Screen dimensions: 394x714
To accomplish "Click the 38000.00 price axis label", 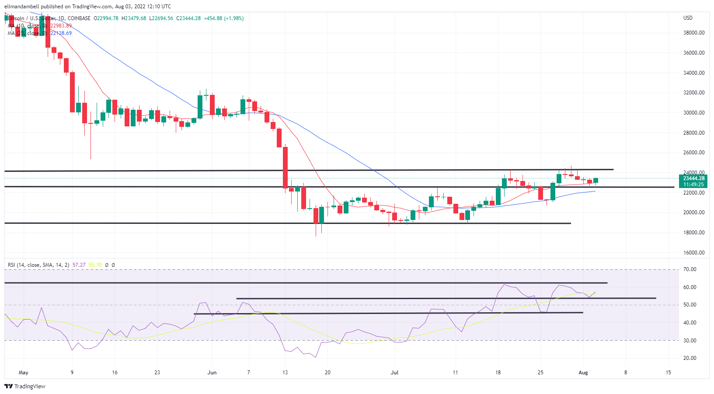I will pos(694,33).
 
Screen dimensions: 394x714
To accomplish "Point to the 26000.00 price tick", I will pos(694,153).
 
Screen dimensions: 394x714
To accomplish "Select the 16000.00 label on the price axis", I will pos(694,253).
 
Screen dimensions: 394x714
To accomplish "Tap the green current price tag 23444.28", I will pos(693,178).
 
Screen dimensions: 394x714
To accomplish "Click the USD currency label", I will pos(688,18).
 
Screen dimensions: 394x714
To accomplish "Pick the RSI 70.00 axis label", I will pos(690,269).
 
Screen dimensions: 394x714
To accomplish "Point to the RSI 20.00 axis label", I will pos(690,358).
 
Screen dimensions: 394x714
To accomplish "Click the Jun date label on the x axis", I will pos(212,373).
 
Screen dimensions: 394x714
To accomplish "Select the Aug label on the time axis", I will pos(583,373).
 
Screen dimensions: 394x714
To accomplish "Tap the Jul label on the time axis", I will pos(394,373).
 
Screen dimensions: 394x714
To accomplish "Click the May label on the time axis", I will pos(24,373).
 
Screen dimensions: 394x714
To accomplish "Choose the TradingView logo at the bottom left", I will pos(25,387).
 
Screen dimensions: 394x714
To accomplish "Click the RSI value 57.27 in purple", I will pos(79,265).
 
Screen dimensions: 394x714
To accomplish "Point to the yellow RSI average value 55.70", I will pos(95,265).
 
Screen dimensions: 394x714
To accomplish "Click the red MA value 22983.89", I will pos(61,26).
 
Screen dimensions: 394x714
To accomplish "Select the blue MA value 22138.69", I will pos(61,33).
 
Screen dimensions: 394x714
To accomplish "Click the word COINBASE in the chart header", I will pos(79,18).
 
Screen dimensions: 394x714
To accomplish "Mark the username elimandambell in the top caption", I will pos(21,7).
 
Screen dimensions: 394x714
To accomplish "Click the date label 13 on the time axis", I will pos(285,373).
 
